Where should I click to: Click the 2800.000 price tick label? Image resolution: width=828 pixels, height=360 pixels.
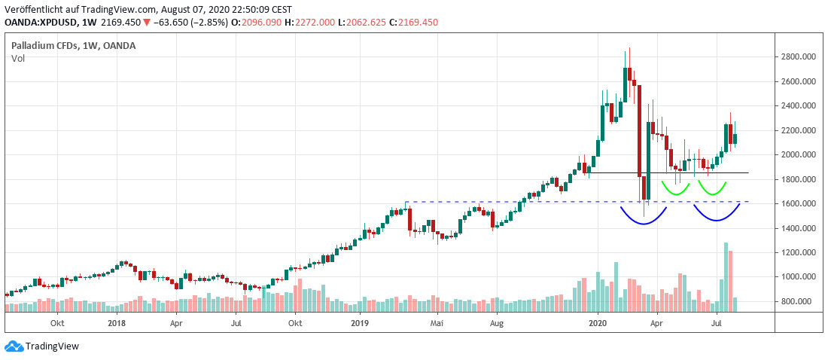797,56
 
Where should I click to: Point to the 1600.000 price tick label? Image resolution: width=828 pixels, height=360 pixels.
797,203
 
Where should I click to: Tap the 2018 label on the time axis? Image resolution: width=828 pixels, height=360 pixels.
116,323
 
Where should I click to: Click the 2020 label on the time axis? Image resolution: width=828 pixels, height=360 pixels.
598,323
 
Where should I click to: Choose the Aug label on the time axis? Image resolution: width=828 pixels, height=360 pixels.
496,323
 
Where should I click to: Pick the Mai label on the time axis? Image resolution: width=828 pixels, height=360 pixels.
437,323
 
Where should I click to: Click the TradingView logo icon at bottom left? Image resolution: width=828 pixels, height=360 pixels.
14,346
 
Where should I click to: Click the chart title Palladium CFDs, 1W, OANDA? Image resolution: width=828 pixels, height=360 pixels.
74,46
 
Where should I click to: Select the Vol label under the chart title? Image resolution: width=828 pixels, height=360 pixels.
18,58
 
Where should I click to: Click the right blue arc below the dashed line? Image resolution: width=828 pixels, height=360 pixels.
717,215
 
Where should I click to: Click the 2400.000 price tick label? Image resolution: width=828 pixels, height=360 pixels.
797,105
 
